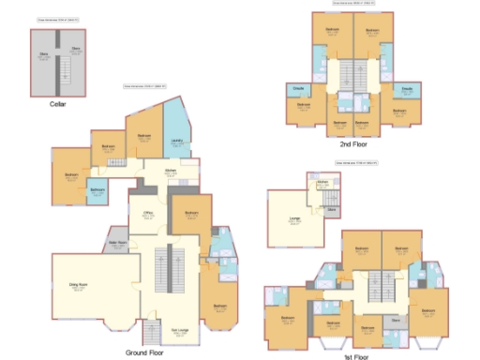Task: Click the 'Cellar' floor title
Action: coord(57,104)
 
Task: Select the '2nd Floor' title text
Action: coord(352,144)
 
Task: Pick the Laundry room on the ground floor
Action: coord(176,142)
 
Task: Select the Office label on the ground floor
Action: coord(147,214)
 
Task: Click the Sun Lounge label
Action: coord(178,330)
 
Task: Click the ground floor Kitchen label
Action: coord(171,172)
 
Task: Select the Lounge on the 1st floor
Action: coord(294,219)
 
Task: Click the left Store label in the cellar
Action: coord(43,55)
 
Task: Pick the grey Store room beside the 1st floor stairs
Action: coord(396,320)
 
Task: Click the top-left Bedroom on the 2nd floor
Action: coord(332,31)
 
